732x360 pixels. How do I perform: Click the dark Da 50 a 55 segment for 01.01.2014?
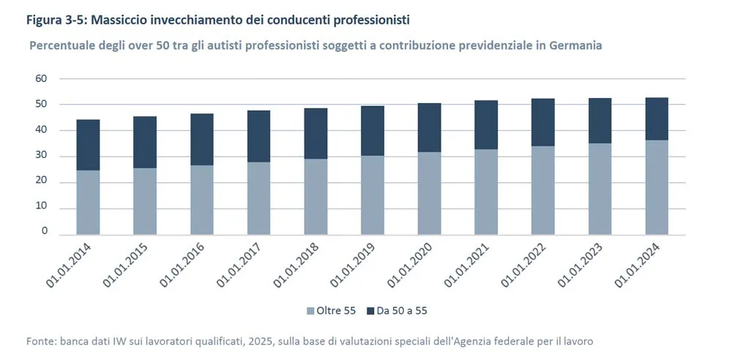tap(88, 145)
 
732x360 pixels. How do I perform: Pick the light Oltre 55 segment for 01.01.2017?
tap(259, 198)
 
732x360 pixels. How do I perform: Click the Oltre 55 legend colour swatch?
tap(310, 311)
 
